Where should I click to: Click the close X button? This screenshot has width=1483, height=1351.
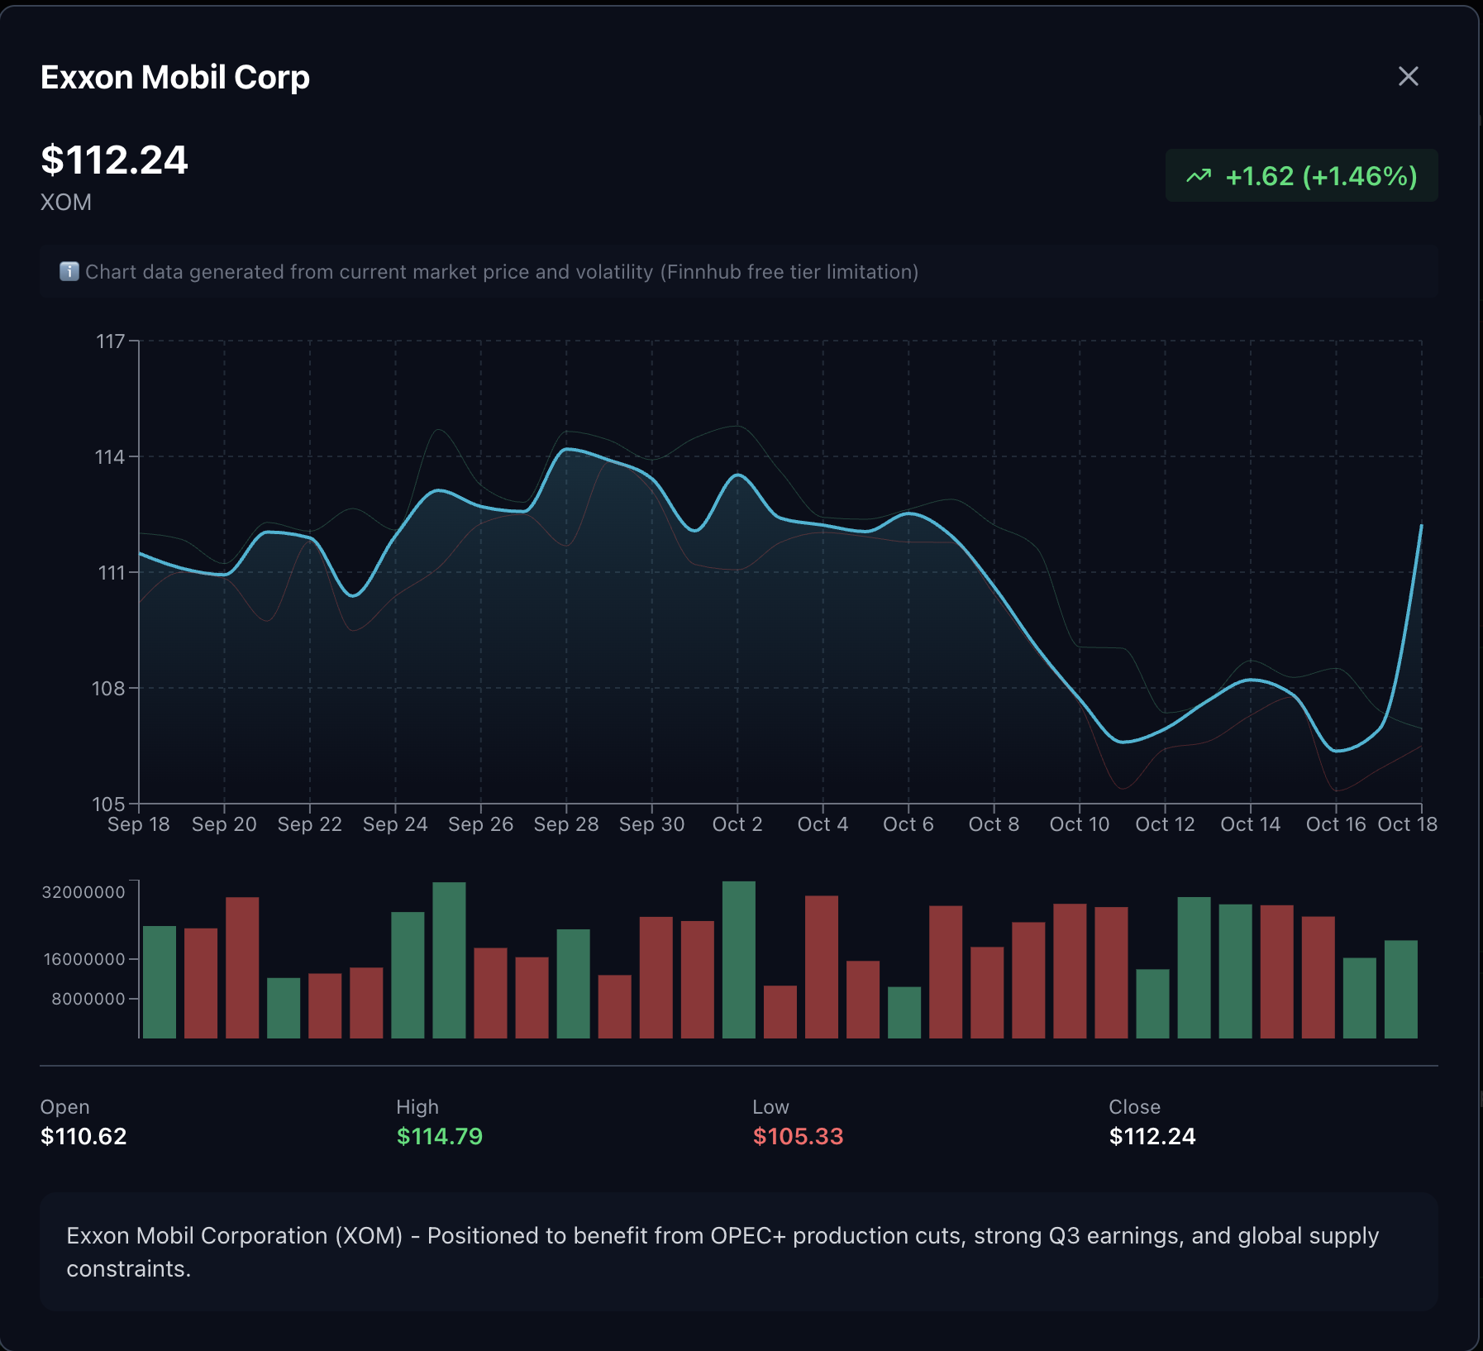(x=1408, y=77)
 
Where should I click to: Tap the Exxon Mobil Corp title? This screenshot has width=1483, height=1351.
(x=175, y=78)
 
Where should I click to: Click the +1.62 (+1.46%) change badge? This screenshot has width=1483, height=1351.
(x=1301, y=176)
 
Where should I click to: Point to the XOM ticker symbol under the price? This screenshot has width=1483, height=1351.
(x=66, y=203)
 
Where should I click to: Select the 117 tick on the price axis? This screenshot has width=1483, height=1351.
(x=111, y=341)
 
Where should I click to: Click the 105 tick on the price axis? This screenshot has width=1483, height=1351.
(x=108, y=804)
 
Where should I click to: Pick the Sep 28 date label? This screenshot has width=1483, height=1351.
(x=566, y=824)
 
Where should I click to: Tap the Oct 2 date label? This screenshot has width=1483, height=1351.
(x=737, y=824)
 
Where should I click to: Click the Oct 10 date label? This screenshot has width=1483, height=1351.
(x=1080, y=824)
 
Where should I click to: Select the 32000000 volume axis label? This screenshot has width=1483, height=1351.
(x=83, y=892)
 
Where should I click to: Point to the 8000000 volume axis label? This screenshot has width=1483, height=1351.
(x=88, y=999)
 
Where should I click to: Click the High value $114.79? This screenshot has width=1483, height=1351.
(x=440, y=1136)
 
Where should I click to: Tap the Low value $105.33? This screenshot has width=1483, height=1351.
(x=798, y=1136)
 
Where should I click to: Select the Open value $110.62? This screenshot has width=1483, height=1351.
(x=83, y=1136)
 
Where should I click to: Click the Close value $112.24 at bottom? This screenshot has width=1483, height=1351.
(x=1152, y=1136)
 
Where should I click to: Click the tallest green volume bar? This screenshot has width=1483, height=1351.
(x=738, y=959)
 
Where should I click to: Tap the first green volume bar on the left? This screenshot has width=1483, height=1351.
(x=160, y=981)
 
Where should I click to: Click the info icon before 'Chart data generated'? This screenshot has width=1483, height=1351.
(x=69, y=271)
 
